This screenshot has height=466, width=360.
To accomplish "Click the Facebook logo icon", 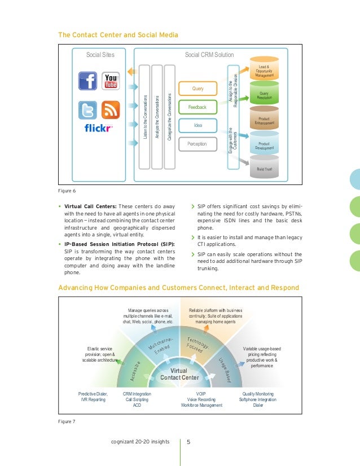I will tap(89, 81).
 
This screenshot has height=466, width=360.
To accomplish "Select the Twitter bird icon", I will tap(89, 110).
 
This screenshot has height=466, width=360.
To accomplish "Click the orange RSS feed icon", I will tap(111, 110).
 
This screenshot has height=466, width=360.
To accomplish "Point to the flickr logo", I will tap(99, 128).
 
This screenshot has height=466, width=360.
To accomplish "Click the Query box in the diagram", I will tap(198, 89).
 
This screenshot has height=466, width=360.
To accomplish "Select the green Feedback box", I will tap(197, 107).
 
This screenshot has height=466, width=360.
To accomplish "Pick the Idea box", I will tap(197, 125).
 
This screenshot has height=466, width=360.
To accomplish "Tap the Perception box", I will tap(197, 144).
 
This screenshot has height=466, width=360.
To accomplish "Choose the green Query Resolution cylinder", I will tap(265, 95).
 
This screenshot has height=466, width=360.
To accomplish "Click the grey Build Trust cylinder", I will tap(265, 168).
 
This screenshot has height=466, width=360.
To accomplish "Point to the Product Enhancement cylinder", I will tap(265, 120).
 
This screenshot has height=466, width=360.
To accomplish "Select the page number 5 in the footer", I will tap(189, 441).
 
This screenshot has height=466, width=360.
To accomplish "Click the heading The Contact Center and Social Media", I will tap(118, 35).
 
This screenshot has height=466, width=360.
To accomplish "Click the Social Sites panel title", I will tap(100, 55).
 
